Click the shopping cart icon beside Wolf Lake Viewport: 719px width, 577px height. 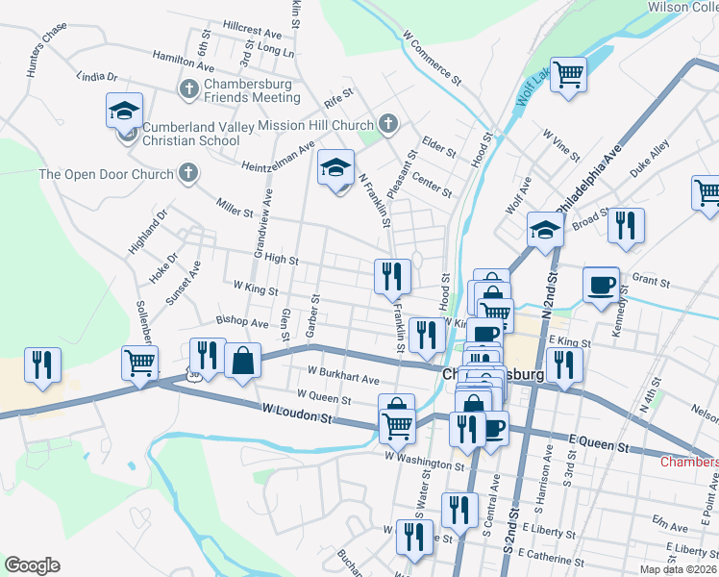[569, 73]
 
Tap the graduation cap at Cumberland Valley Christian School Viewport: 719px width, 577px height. [124, 112]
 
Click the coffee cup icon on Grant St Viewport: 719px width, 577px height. [601, 285]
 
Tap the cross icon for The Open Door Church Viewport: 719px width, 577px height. [188, 174]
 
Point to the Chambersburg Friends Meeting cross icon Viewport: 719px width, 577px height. [188, 89]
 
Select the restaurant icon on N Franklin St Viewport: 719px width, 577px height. [392, 276]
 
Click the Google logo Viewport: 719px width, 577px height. [32, 565]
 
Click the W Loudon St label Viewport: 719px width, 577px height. [296, 415]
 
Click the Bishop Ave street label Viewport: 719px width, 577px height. [242, 322]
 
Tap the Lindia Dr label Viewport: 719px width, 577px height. [97, 76]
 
